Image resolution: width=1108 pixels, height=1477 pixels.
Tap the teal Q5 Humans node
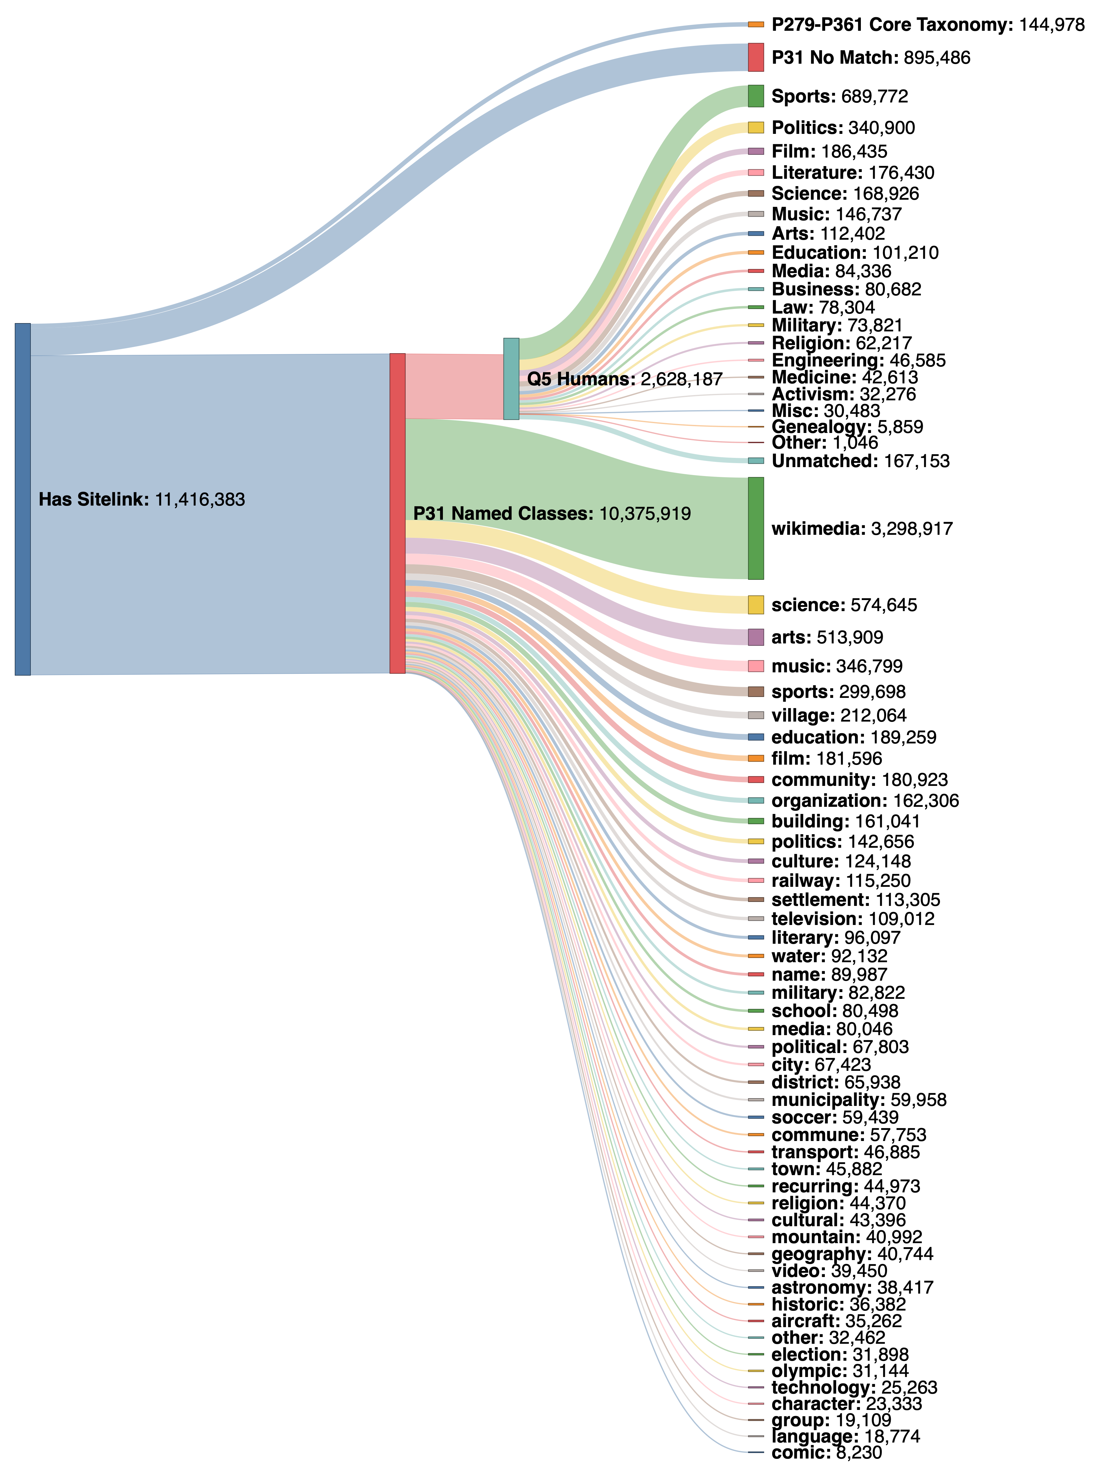tap(511, 378)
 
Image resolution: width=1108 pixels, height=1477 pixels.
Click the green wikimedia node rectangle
tap(755, 528)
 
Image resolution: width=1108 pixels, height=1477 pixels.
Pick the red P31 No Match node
tap(755, 58)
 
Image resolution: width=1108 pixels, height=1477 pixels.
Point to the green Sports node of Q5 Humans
tap(755, 96)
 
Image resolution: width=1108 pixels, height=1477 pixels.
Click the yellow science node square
tap(755, 605)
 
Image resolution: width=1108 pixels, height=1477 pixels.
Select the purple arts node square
tap(755, 637)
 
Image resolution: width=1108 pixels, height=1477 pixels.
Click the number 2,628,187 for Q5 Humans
tap(681, 379)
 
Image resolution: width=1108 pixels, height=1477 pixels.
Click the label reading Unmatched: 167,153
tap(860, 461)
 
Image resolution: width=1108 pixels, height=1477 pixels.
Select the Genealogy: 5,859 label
tap(847, 427)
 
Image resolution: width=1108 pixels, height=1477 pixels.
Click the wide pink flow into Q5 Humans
tap(454, 386)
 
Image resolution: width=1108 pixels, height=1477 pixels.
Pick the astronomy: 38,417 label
tap(852, 1287)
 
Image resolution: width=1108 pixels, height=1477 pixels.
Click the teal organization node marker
tap(755, 801)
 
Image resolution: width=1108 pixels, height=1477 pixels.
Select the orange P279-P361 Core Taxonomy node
tap(755, 24)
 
